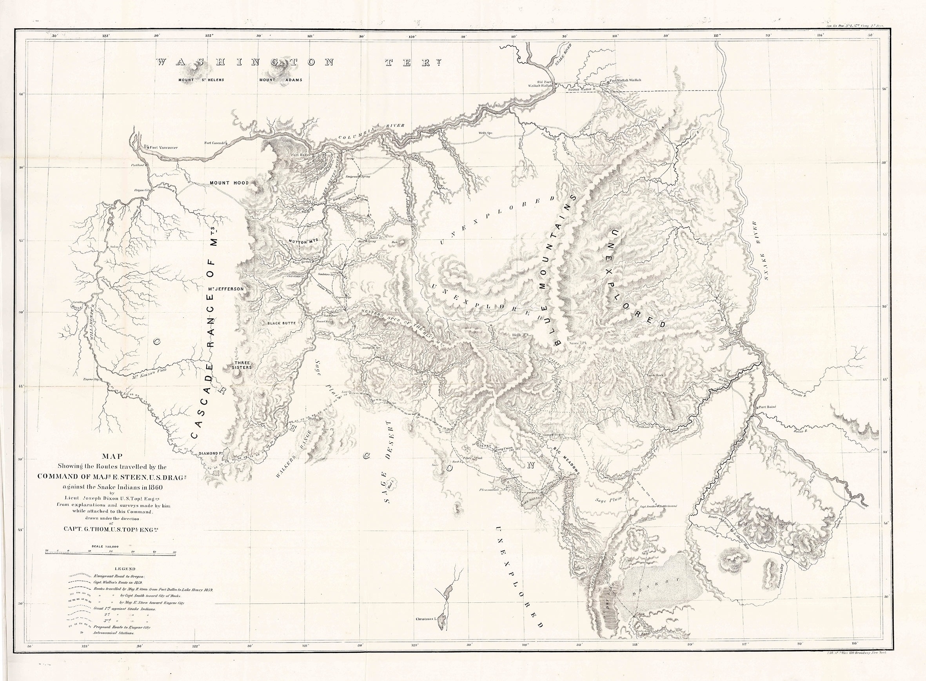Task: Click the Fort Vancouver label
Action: [x=163, y=147]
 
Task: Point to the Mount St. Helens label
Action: [x=201, y=80]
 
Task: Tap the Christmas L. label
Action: [x=426, y=631]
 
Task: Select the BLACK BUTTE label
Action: [x=282, y=323]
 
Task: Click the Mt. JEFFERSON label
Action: [x=226, y=289]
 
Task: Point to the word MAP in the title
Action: [x=112, y=456]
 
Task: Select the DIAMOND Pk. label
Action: [x=211, y=454]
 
